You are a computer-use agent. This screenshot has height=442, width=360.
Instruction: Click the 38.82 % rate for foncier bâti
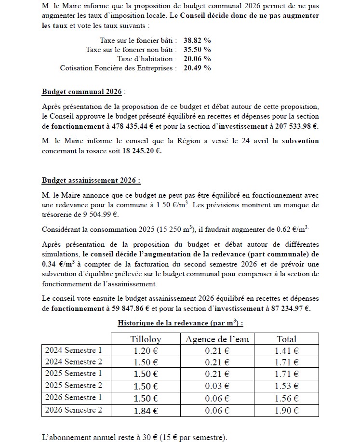pos(197,40)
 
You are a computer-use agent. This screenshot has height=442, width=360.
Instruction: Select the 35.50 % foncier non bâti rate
pos(197,49)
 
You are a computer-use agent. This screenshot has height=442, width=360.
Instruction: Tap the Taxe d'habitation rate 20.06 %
pos(197,58)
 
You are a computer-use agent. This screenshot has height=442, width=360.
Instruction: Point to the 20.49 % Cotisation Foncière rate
pos(197,68)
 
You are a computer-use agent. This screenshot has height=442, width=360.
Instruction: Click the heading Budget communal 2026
pos(81,92)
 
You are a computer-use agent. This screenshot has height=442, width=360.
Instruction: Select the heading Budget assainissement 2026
pos(91,180)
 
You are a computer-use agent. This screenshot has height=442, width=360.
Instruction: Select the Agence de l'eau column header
pos(217,339)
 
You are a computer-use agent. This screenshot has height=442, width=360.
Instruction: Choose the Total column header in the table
pos(286,339)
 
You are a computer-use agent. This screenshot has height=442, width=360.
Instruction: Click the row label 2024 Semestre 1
pos(74,350)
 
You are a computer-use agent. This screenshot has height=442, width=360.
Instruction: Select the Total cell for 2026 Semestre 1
pos(286,398)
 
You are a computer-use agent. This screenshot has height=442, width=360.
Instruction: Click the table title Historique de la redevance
pos(180,322)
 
